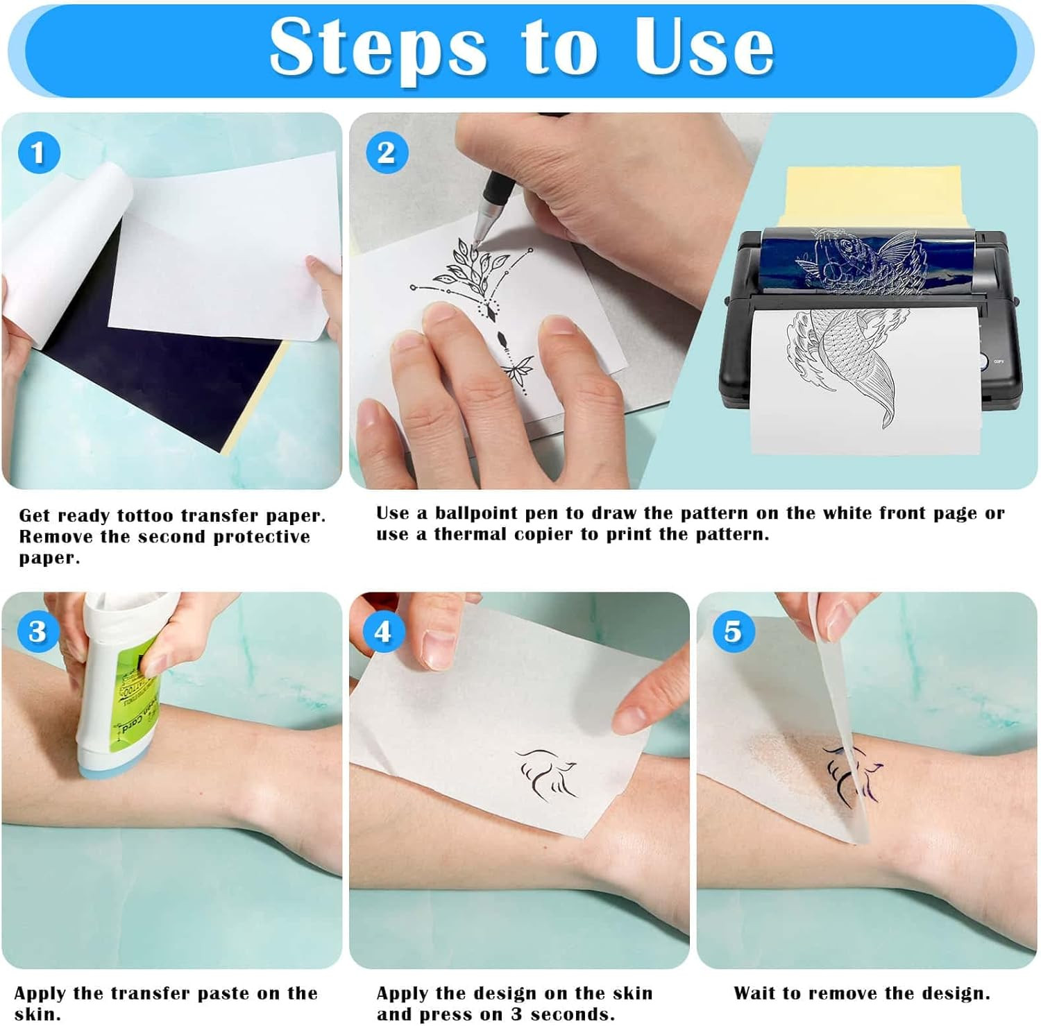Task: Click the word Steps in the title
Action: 378,47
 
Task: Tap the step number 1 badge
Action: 38,153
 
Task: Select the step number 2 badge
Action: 386,153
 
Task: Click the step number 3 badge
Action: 37,631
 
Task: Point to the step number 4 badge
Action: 382,631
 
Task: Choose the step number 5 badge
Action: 732,631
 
